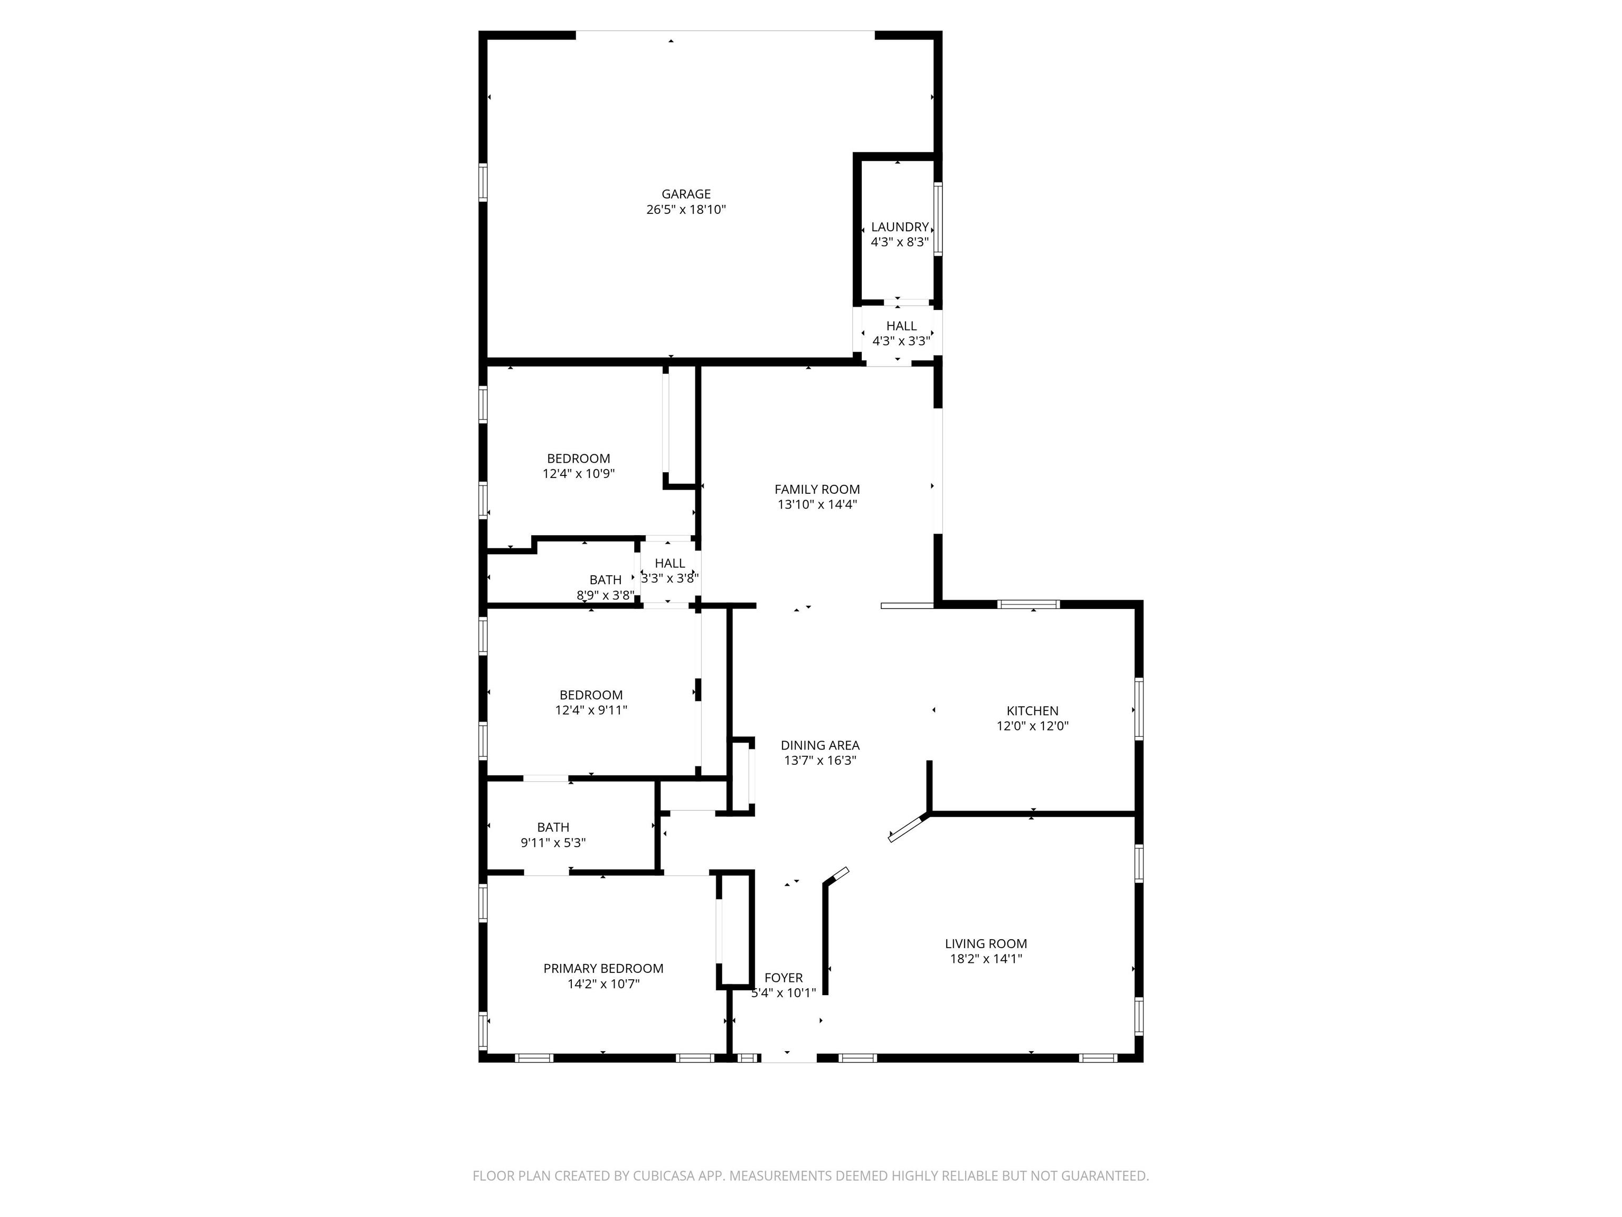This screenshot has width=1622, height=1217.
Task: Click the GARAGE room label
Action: click(686, 194)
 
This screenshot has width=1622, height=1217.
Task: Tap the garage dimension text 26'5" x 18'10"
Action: click(686, 210)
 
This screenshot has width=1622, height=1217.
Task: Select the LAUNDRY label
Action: click(900, 228)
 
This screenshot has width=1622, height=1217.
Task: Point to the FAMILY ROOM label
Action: click(817, 489)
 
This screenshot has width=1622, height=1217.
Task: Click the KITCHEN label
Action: click(1032, 711)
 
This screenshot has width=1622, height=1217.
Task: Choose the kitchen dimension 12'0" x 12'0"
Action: click(1032, 726)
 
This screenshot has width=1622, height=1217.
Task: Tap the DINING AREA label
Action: click(820, 745)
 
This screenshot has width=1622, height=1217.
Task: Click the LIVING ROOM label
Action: click(986, 944)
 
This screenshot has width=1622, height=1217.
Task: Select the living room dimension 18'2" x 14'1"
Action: click(986, 959)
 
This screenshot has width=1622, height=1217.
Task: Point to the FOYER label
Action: click(783, 978)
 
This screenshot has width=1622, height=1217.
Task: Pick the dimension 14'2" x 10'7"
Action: click(603, 984)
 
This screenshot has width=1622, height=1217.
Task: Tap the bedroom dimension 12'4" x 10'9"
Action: click(579, 474)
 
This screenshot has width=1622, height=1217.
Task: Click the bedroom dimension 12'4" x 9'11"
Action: click(591, 710)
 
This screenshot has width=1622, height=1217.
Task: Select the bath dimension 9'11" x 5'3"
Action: click(553, 843)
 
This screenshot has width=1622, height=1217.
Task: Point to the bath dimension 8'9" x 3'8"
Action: click(606, 595)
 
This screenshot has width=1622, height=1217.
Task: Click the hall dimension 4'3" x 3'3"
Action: click(901, 341)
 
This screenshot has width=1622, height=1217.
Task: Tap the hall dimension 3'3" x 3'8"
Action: click(669, 578)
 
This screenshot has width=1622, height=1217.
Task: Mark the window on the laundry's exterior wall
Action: click(938, 219)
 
